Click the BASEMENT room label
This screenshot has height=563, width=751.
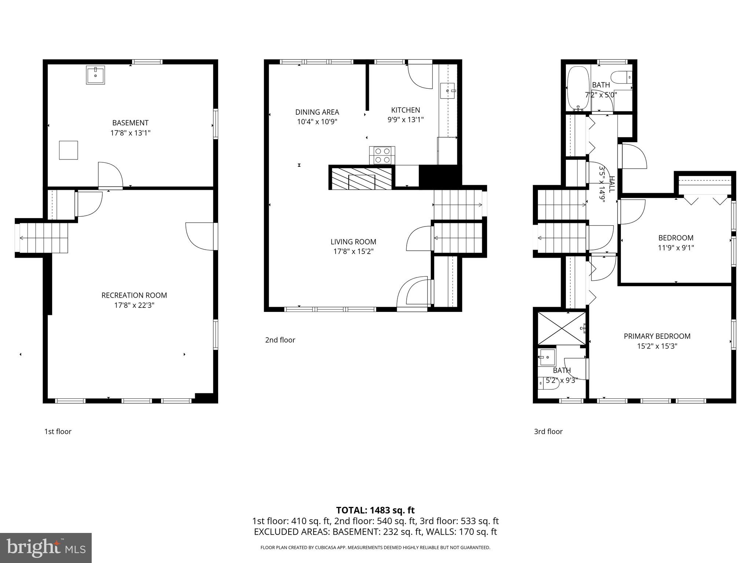(x=130, y=123)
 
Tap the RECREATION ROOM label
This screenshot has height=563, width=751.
(x=134, y=295)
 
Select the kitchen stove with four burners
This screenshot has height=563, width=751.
(x=382, y=155)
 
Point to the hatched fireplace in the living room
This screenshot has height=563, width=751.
(x=361, y=178)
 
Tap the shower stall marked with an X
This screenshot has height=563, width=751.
(x=561, y=328)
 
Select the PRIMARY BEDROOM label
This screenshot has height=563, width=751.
(x=657, y=336)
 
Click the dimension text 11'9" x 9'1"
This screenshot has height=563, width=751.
(x=676, y=248)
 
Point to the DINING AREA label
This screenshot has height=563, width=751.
(x=317, y=112)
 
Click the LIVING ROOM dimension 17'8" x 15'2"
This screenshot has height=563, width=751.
(x=353, y=251)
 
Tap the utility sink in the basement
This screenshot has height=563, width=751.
(x=95, y=75)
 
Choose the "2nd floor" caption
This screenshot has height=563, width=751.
(x=280, y=340)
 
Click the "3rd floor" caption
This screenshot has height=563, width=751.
(x=548, y=432)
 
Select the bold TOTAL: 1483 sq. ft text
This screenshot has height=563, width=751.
(x=375, y=510)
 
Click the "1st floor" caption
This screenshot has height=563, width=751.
(x=58, y=432)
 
